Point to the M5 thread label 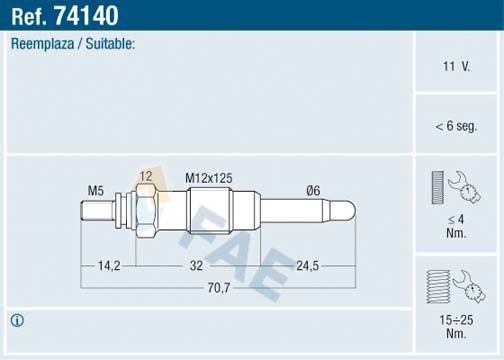pos(96,190)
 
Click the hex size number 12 pos(146,177)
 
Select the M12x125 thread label pos(209,177)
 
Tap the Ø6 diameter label pos(314,190)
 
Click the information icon pos(17,321)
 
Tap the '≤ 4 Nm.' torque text pos(456,227)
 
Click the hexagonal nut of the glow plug pos(144,212)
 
